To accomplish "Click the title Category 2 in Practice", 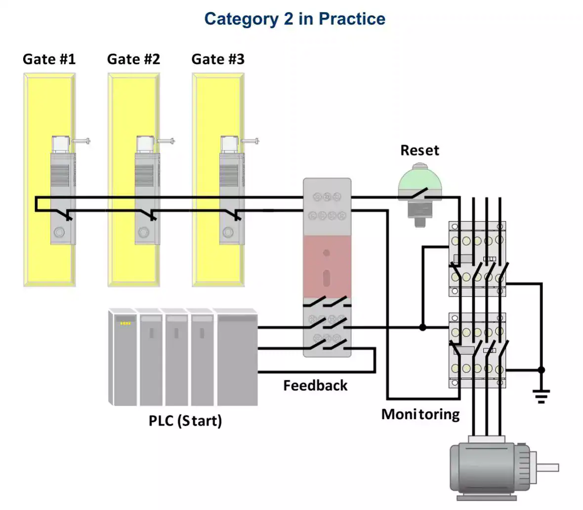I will [294, 19].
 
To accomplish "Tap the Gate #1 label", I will [49, 59].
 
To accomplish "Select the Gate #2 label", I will [133, 59].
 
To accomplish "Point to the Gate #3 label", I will [218, 59].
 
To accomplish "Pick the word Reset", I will [419, 150].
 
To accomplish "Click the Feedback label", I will [315, 385].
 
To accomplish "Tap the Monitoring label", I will [420, 414].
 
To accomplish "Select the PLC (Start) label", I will [185, 421].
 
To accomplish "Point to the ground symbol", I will [541, 395].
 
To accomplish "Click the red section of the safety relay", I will [327, 267].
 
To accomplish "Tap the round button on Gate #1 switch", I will [59, 232].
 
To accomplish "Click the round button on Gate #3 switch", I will [228, 232].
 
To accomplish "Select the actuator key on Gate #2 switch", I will [166, 141].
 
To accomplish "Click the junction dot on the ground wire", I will [541, 370].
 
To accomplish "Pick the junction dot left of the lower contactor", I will [422, 327].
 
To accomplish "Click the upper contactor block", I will [477, 259].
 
